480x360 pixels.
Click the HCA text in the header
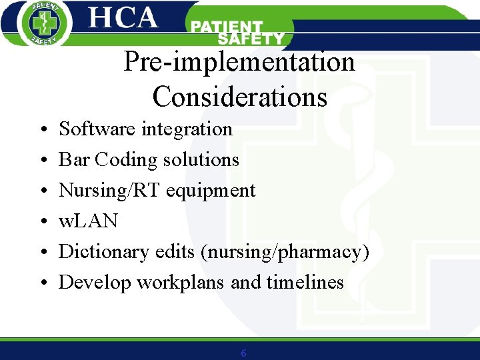click(123, 19)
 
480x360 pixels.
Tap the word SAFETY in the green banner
click(251, 39)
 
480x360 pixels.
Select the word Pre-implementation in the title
click(239, 63)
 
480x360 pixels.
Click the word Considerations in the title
click(239, 97)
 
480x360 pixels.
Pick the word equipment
click(211, 191)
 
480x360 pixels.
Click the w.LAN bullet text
click(88, 221)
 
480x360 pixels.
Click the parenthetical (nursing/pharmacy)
click(286, 252)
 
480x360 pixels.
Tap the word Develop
click(95, 283)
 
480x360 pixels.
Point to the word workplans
click(181, 283)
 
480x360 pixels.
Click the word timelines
click(305, 282)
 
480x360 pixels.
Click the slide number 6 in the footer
click(243, 353)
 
